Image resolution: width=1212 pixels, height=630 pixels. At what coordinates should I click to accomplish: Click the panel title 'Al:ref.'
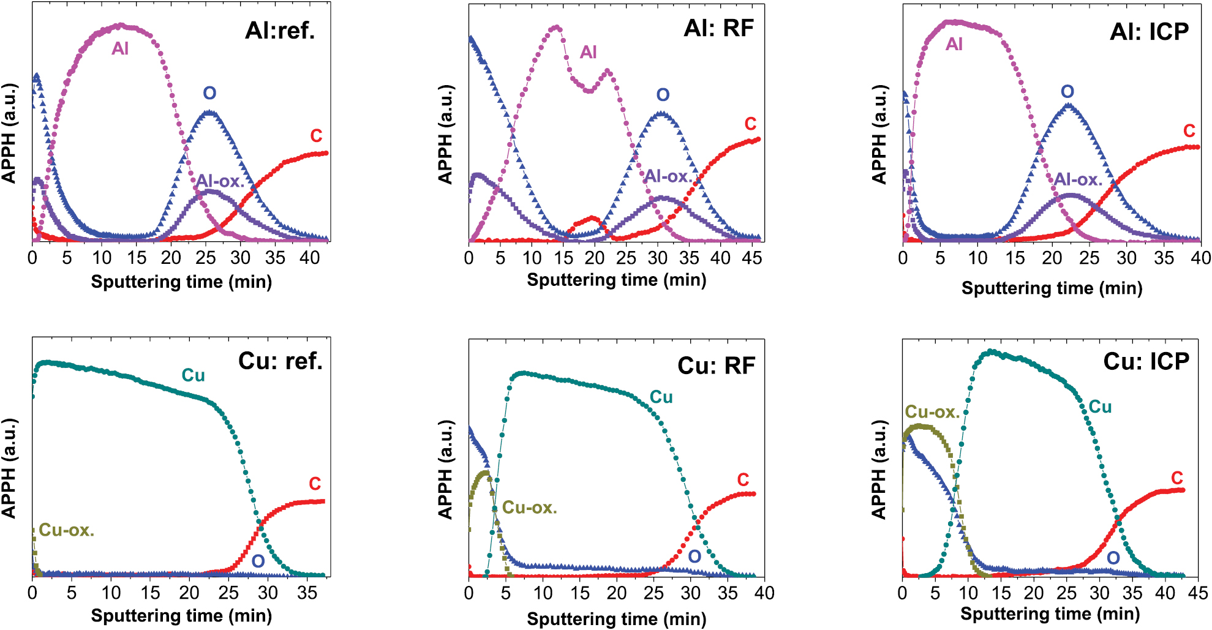pos(280,30)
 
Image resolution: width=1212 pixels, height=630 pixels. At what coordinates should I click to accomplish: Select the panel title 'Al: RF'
pos(718,28)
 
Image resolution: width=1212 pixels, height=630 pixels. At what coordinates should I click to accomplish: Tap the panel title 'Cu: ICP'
pos(1146,361)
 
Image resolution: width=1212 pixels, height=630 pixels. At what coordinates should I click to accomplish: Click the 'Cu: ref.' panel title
pos(280,361)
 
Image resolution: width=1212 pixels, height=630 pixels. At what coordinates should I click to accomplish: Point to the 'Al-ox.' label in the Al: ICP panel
pos(1078,179)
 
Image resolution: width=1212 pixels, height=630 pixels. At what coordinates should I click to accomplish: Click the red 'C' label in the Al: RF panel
pos(750,124)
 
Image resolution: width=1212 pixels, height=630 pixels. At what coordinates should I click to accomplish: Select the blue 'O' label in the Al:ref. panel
pos(209,93)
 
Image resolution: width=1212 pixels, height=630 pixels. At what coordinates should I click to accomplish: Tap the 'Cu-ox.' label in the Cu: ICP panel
pos(932,412)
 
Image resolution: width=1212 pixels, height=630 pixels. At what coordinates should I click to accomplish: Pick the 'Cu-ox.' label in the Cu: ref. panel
pos(66,530)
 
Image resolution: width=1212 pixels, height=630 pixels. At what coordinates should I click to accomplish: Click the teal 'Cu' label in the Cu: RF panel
pos(661,397)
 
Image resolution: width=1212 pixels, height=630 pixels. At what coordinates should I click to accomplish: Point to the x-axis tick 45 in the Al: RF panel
pos(751,258)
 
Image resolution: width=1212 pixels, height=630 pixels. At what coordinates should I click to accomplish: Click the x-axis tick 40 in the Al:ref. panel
pos(309,258)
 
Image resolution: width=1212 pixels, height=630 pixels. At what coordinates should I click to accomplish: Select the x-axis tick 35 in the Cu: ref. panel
pos(307,593)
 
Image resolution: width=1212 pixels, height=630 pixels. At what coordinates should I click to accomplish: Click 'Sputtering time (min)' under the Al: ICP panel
pos(1052,288)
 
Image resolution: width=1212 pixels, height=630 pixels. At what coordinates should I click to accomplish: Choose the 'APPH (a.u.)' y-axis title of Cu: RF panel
pos(445,469)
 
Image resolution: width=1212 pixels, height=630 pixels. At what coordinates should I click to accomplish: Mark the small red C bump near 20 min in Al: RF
pos(592,219)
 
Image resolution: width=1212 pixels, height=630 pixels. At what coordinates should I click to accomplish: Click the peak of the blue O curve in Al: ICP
pos(1068,105)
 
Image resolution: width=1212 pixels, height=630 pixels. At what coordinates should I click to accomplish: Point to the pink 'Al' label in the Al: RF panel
pos(588,52)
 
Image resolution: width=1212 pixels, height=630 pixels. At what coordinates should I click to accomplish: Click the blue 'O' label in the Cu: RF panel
pos(694,557)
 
